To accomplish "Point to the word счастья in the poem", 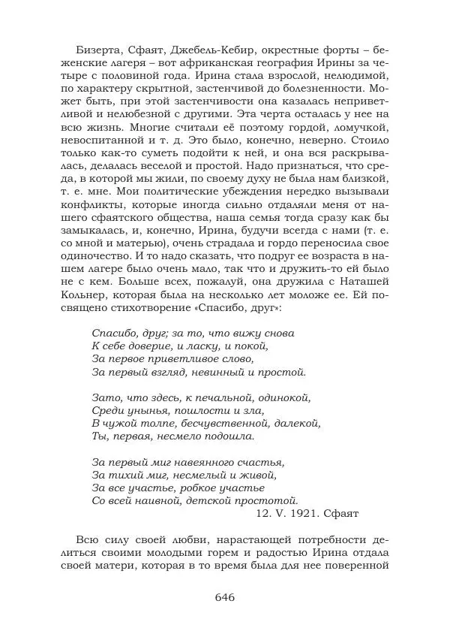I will click(261, 460).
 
